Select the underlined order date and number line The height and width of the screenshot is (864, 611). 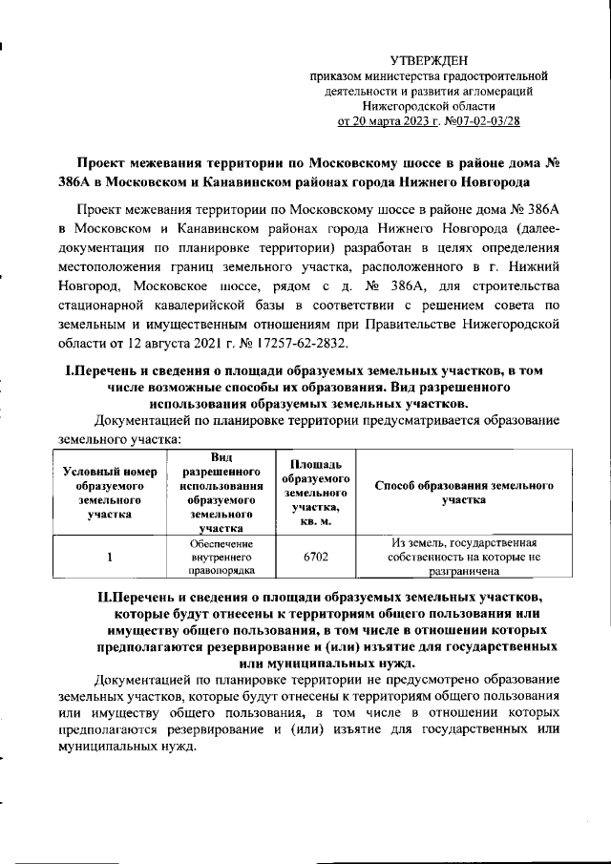coord(428,121)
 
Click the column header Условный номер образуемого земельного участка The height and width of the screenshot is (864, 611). coord(109,492)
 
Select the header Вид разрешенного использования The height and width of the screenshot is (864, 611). coord(221,492)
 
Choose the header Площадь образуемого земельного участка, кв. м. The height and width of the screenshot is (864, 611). coord(316,492)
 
